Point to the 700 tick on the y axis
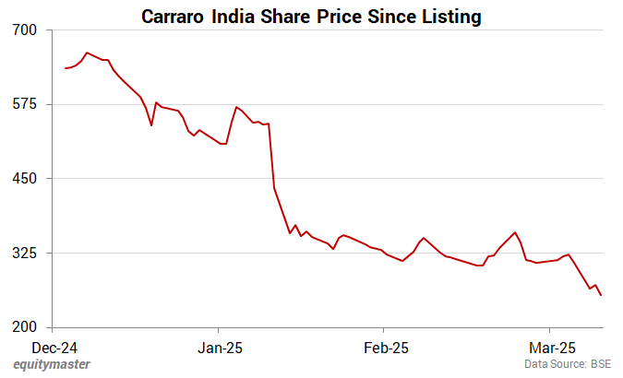point(24,30)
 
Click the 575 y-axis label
point(24,104)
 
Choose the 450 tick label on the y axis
point(24,178)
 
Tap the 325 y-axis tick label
point(24,253)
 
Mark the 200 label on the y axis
point(24,327)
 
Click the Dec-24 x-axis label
point(53,348)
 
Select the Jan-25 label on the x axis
point(219,348)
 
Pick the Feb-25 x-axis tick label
point(384,348)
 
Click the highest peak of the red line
point(87,53)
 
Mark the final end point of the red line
point(602,296)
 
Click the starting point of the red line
point(66,68)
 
